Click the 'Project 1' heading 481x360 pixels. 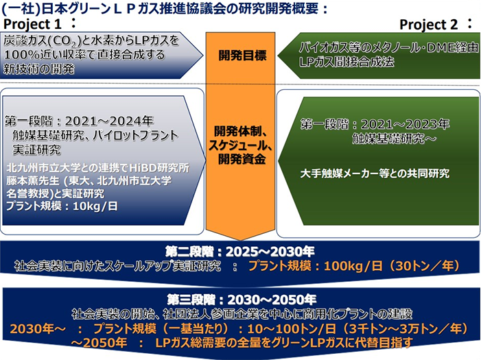[32, 24]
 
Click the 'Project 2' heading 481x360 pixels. [429, 25]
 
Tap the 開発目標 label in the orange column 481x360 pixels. [242, 56]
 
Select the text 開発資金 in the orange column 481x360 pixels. [242, 159]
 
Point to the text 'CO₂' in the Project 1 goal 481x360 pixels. [67, 41]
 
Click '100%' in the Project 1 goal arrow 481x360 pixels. [21, 55]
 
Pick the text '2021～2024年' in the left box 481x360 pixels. [109, 121]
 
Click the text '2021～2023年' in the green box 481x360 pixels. [406, 124]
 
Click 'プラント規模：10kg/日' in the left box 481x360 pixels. [62, 206]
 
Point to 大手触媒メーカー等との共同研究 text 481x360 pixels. [375, 173]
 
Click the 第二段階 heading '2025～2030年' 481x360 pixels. [270, 252]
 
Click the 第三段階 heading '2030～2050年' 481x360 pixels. [272, 300]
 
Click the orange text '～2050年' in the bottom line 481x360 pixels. [99, 343]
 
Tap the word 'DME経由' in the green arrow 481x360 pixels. [451, 47]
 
